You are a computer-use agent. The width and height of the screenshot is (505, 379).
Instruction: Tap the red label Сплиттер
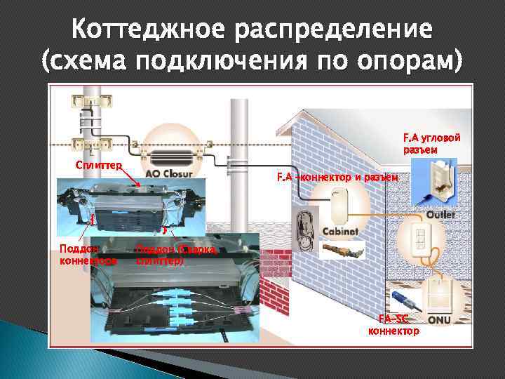99,165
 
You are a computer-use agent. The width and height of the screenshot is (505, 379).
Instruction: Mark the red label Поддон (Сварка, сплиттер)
176,254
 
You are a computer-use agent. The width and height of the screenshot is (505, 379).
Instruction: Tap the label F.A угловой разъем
430,144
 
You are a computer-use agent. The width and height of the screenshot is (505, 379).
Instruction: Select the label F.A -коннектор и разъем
337,177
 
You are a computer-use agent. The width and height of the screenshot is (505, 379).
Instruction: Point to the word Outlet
440,214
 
